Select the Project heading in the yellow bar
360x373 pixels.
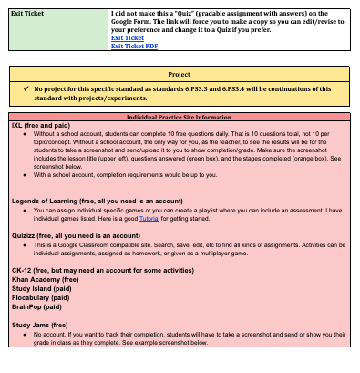179,75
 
